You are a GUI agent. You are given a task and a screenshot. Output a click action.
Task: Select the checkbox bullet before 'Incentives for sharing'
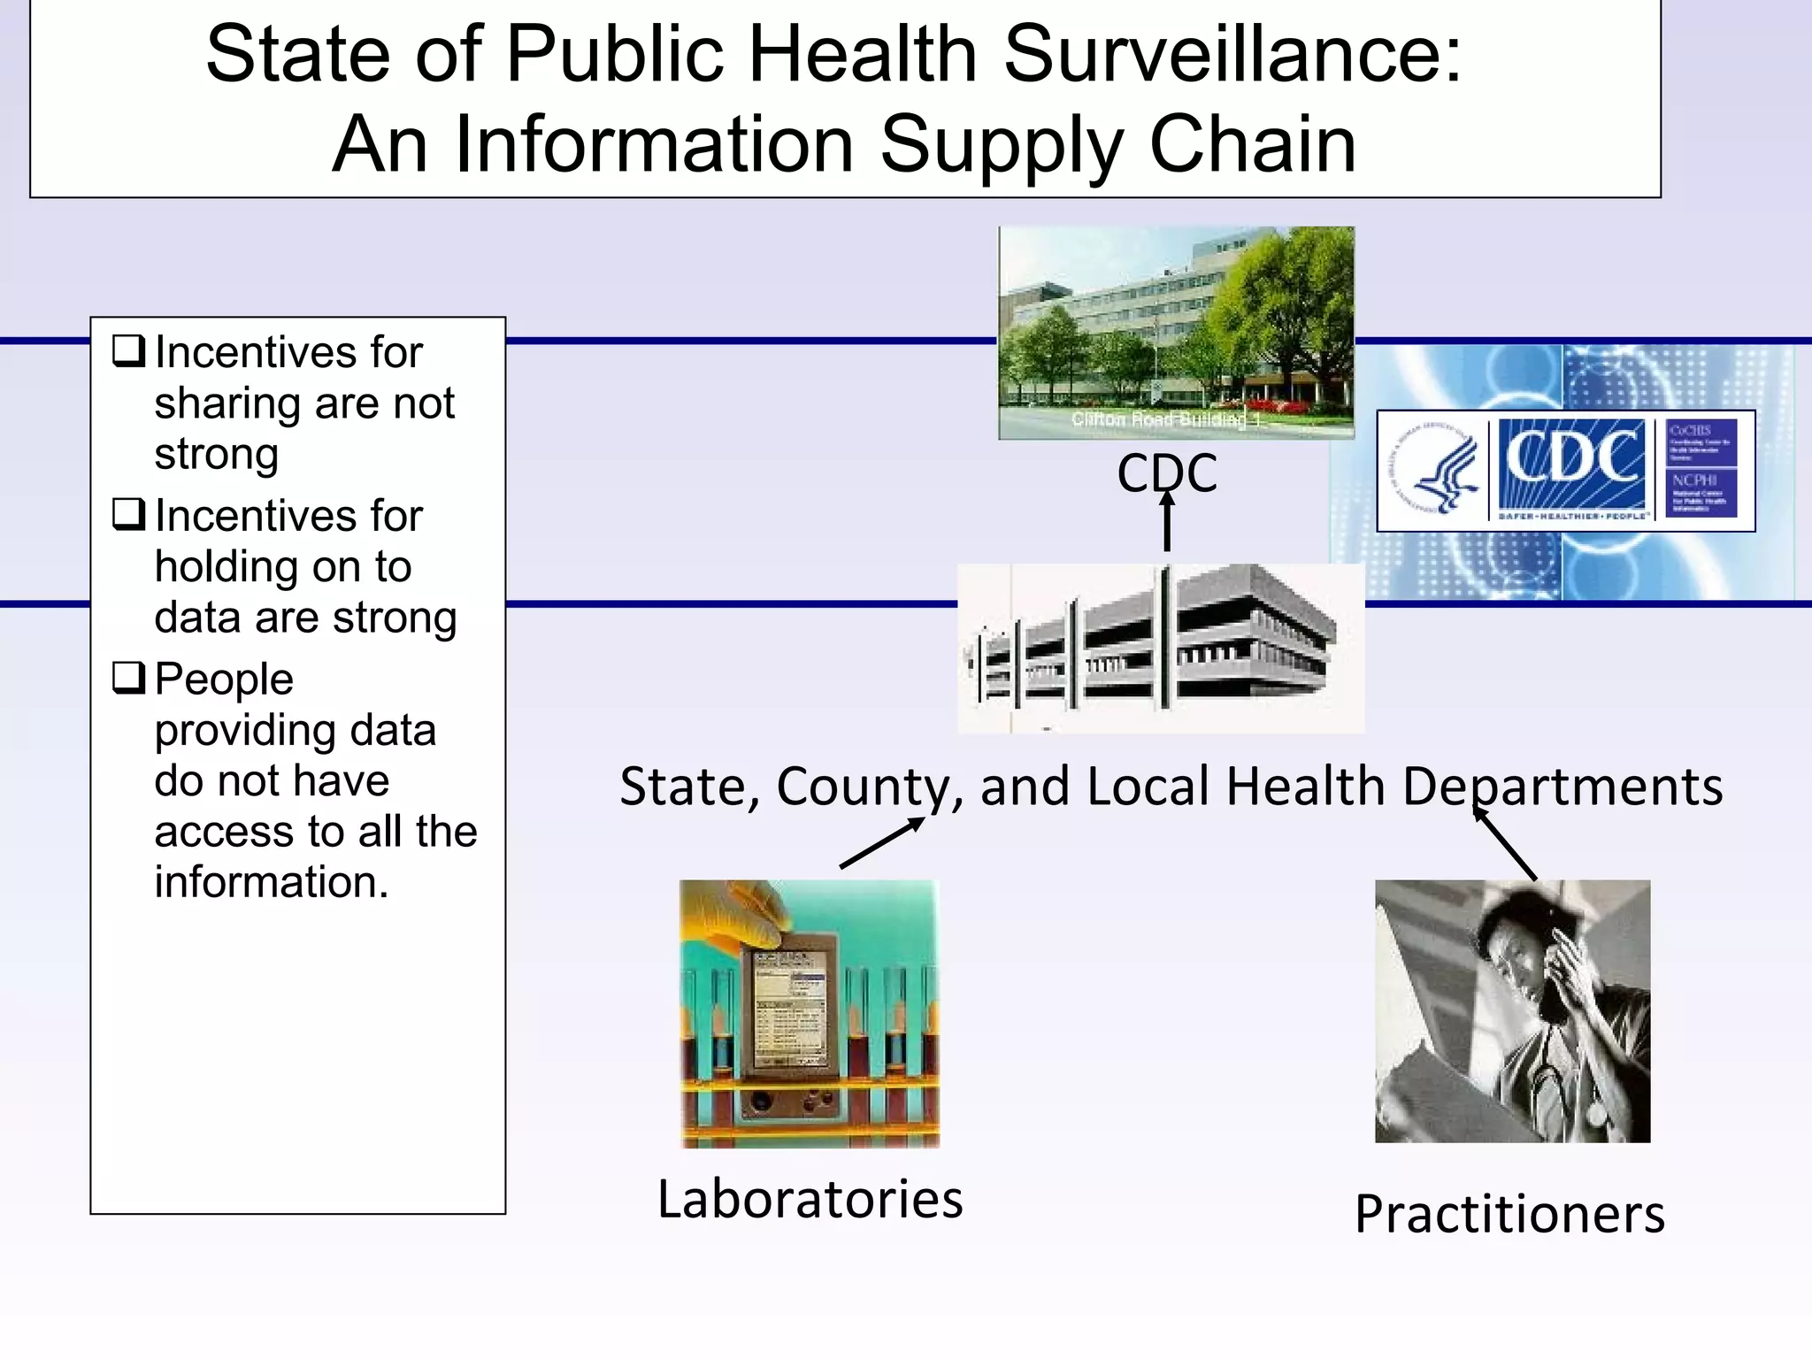click(128, 351)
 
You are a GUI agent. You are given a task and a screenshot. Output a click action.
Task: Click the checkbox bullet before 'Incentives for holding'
click(128, 514)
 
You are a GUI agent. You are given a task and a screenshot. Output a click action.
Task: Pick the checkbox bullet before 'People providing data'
click(128, 678)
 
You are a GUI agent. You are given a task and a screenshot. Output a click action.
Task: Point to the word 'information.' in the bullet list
click(272, 882)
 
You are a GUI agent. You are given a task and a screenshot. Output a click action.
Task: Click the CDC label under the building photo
click(1166, 473)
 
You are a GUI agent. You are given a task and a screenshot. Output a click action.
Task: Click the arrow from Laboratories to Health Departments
click(882, 842)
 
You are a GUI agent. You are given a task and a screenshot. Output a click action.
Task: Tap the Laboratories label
click(810, 1200)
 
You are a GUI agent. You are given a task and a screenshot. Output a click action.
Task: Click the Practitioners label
click(1509, 1214)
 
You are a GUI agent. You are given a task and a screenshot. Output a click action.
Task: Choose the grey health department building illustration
click(1160, 649)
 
